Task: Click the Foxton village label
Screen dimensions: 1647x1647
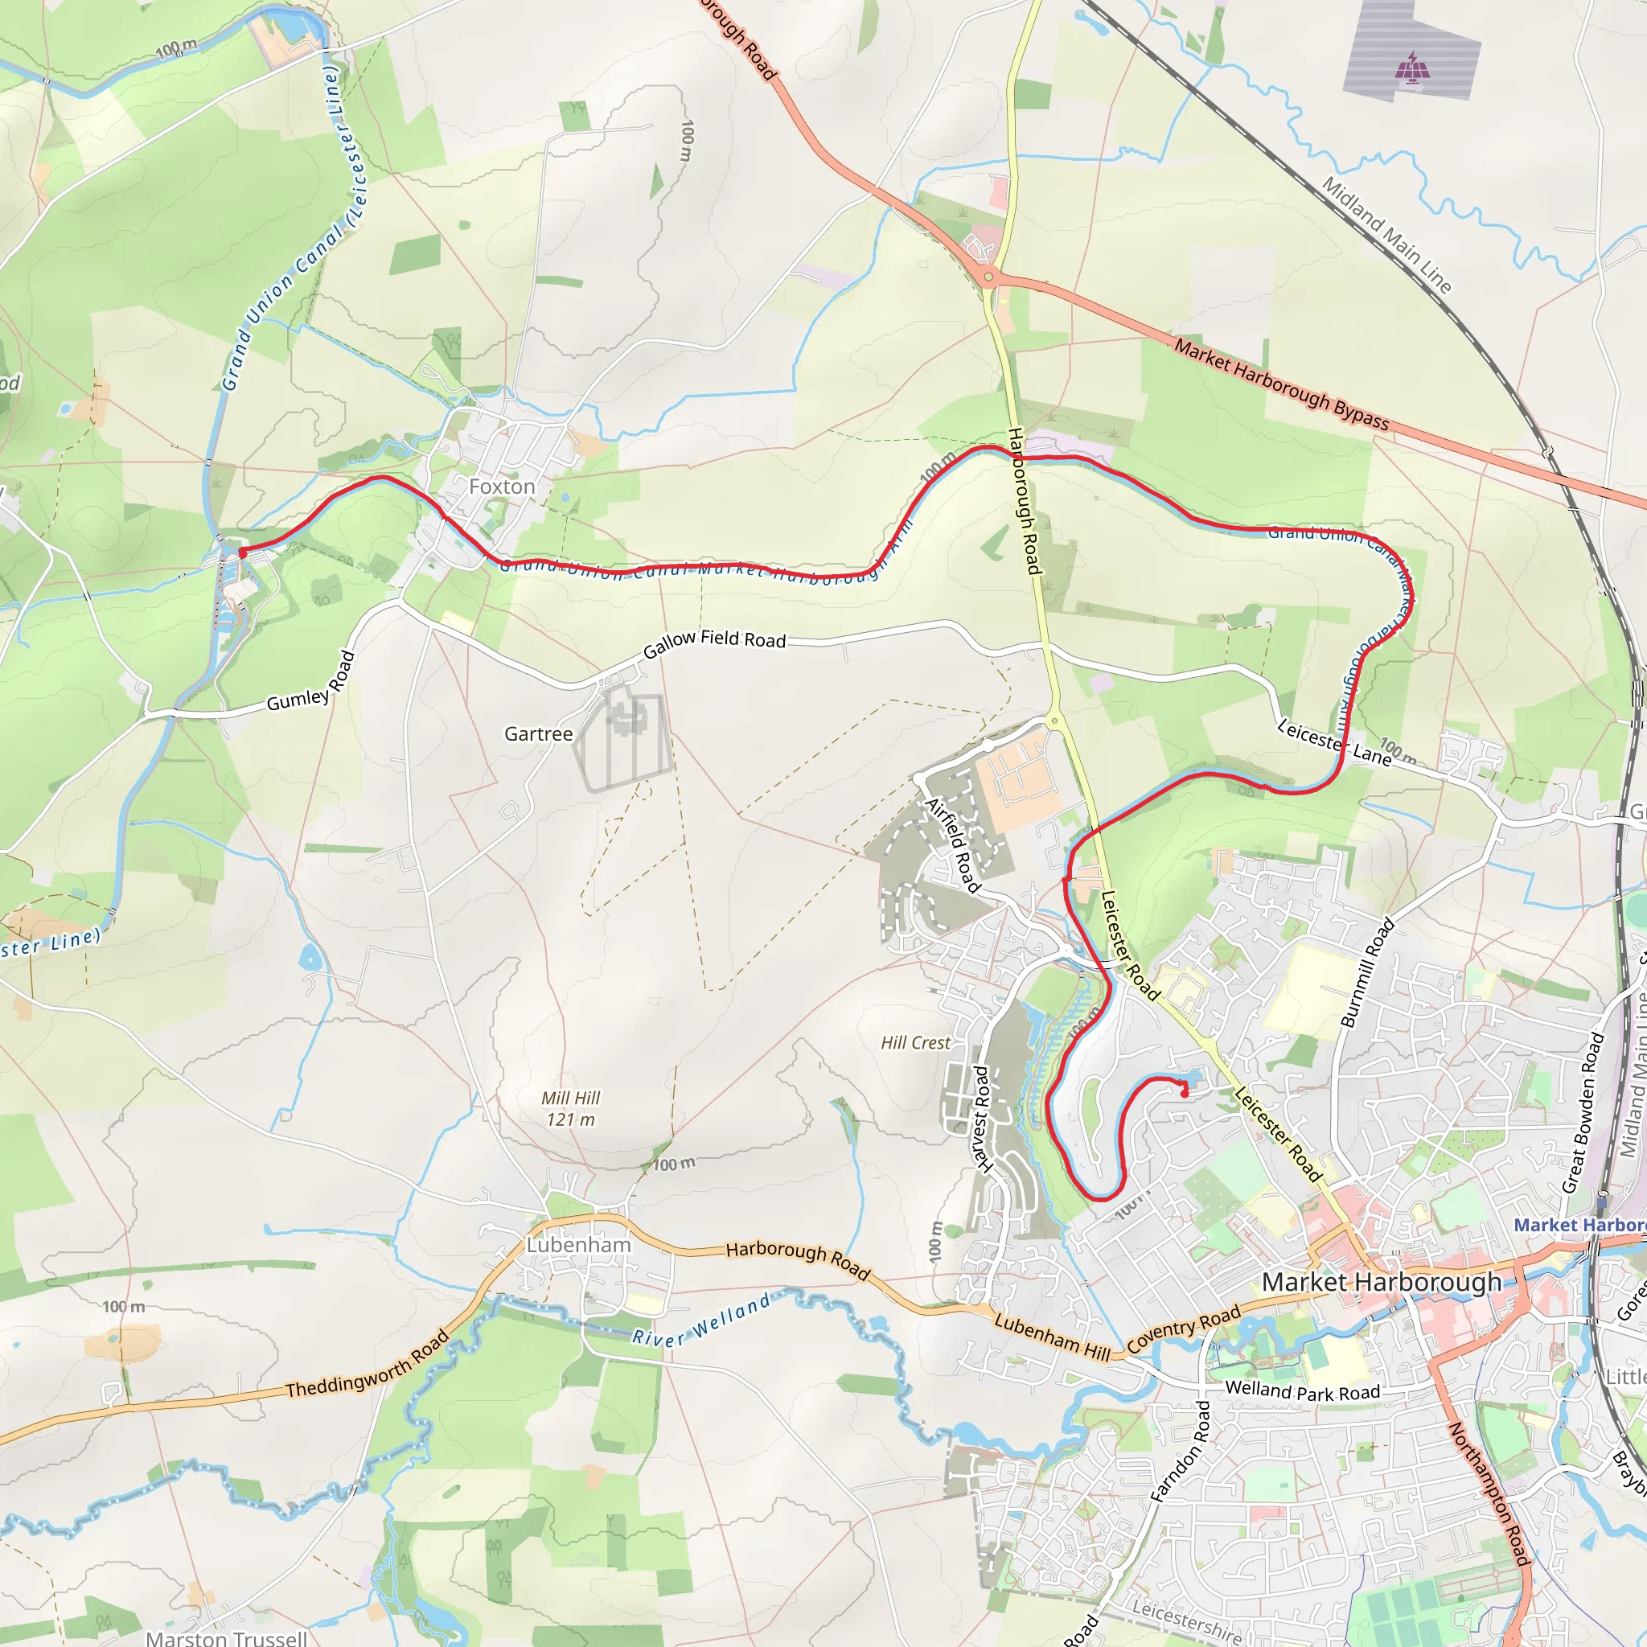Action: [501, 487]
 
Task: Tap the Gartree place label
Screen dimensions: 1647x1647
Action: [538, 734]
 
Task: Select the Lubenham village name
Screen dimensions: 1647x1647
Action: [578, 1245]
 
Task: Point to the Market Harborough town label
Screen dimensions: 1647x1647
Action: [1381, 1281]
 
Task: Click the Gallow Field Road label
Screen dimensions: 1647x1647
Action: [714, 643]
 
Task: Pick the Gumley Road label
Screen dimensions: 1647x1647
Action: [310, 682]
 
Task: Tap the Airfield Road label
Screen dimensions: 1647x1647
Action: [953, 844]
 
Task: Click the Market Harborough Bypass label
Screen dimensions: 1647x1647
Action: [1281, 384]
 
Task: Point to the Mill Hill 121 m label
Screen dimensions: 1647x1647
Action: [570, 1109]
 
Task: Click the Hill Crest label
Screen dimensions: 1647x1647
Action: [914, 1042]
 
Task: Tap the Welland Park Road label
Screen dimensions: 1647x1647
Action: [1302, 1391]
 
